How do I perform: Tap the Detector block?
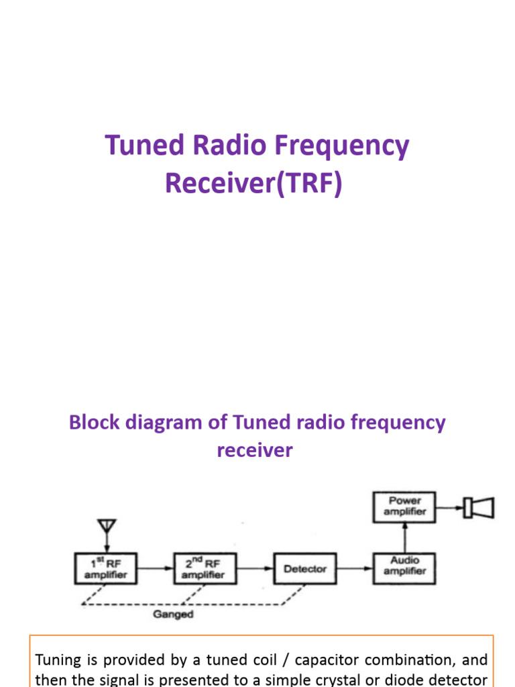click(x=305, y=569)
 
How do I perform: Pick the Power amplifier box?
click(x=404, y=507)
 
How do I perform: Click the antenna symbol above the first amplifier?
click(x=106, y=527)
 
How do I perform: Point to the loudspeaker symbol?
click(x=479, y=507)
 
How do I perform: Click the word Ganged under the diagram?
click(x=173, y=614)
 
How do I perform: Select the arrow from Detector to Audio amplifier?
click(x=355, y=569)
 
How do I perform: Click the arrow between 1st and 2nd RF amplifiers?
click(x=156, y=569)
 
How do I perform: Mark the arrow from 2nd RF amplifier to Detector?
click(x=255, y=569)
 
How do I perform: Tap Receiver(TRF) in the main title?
click(x=253, y=183)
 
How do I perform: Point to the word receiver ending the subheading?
click(x=255, y=450)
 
